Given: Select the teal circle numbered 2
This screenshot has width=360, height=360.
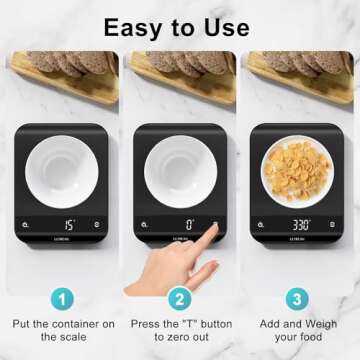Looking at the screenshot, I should (x=180, y=298).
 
